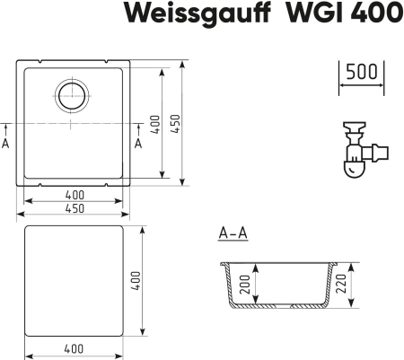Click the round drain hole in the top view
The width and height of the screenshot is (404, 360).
click(71, 93)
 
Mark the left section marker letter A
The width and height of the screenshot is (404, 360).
click(6, 143)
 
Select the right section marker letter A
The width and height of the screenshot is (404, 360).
click(137, 143)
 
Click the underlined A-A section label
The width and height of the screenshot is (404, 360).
click(233, 234)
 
